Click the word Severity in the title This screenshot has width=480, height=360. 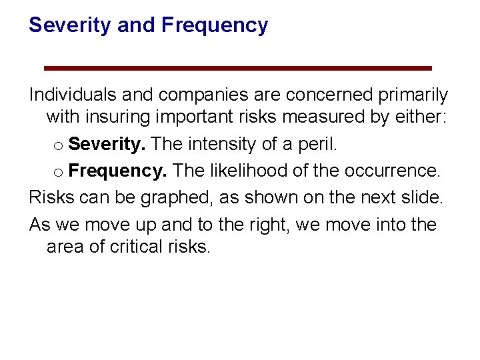pyautogui.click(x=70, y=25)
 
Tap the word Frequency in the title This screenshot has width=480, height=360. pyautogui.click(x=215, y=25)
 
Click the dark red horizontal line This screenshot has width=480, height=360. pyautogui.click(x=237, y=68)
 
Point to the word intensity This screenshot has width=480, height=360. pyautogui.click(x=221, y=144)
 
